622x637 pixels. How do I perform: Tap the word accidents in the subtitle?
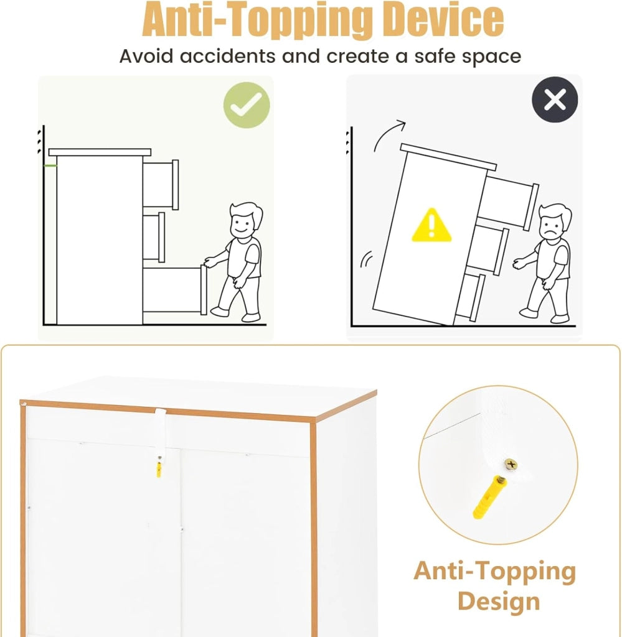pyautogui.click(x=227, y=56)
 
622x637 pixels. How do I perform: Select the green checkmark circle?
pyautogui.click(x=247, y=105)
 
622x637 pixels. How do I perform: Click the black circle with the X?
pyautogui.click(x=555, y=100)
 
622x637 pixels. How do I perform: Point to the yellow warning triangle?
pyautogui.click(x=431, y=226)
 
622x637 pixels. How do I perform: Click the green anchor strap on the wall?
pyautogui.click(x=50, y=165)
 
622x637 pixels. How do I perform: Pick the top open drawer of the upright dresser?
pyautogui.click(x=161, y=185)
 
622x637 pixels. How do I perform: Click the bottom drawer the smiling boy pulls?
pyautogui.click(x=175, y=290)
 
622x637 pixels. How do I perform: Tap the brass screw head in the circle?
pyautogui.click(x=511, y=464)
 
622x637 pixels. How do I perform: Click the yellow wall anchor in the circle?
pyautogui.click(x=489, y=497)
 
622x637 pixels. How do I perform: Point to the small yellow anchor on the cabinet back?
pyautogui.click(x=159, y=469)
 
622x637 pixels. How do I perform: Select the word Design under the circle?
pyautogui.click(x=499, y=602)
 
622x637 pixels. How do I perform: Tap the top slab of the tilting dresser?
pyautogui.click(x=448, y=157)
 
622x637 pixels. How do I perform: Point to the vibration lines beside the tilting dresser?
pyautogui.click(x=367, y=259)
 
